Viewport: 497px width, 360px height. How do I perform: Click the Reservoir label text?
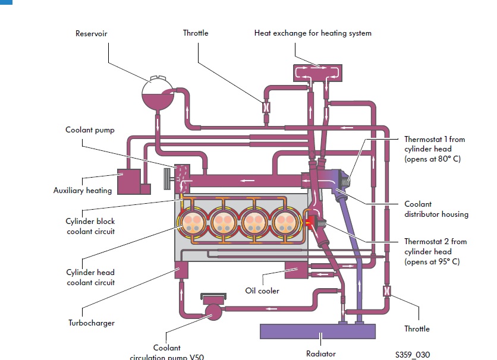(x=91, y=34)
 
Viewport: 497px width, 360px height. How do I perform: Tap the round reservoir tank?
(x=158, y=93)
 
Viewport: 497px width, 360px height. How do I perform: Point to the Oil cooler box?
(x=296, y=270)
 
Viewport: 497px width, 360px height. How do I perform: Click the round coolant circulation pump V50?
(x=212, y=309)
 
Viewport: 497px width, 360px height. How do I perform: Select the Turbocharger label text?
(x=91, y=323)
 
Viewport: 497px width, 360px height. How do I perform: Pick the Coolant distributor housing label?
(x=436, y=209)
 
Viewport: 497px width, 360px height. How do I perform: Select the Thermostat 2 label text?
(x=435, y=251)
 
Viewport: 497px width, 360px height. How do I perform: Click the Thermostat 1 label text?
(x=435, y=149)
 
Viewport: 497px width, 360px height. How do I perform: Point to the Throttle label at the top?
(x=196, y=33)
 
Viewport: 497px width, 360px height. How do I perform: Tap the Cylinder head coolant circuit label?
(x=90, y=277)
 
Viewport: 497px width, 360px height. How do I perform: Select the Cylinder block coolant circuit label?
(x=90, y=226)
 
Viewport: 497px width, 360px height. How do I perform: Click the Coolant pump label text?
(x=90, y=130)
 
